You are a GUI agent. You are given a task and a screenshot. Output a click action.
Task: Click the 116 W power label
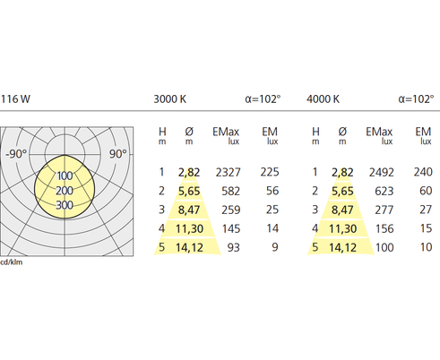click(15, 99)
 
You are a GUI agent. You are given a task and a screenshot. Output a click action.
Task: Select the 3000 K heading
click(170, 99)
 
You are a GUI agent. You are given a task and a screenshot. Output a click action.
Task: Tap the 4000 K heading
click(323, 99)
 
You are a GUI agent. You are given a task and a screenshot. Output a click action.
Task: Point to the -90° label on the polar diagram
click(16, 154)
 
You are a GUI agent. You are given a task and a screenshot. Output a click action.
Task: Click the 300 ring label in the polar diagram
click(65, 205)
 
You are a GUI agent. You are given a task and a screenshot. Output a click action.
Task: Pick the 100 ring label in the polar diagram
click(65, 176)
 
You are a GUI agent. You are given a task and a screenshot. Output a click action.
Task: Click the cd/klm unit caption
click(12, 262)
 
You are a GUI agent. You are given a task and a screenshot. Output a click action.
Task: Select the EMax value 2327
click(228, 173)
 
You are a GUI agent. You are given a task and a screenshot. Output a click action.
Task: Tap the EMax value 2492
click(382, 173)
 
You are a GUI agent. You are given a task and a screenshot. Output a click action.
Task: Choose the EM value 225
click(270, 172)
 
